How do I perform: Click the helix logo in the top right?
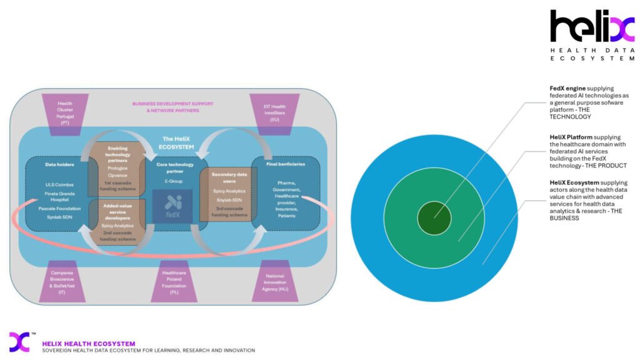(592, 27)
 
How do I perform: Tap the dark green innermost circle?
(434, 217)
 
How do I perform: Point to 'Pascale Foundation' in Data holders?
(60, 207)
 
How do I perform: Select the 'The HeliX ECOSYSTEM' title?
(177, 142)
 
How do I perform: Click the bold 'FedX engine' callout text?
(567, 89)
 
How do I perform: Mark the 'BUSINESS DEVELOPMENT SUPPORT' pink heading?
(172, 104)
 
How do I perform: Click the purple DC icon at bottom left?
(19, 342)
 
